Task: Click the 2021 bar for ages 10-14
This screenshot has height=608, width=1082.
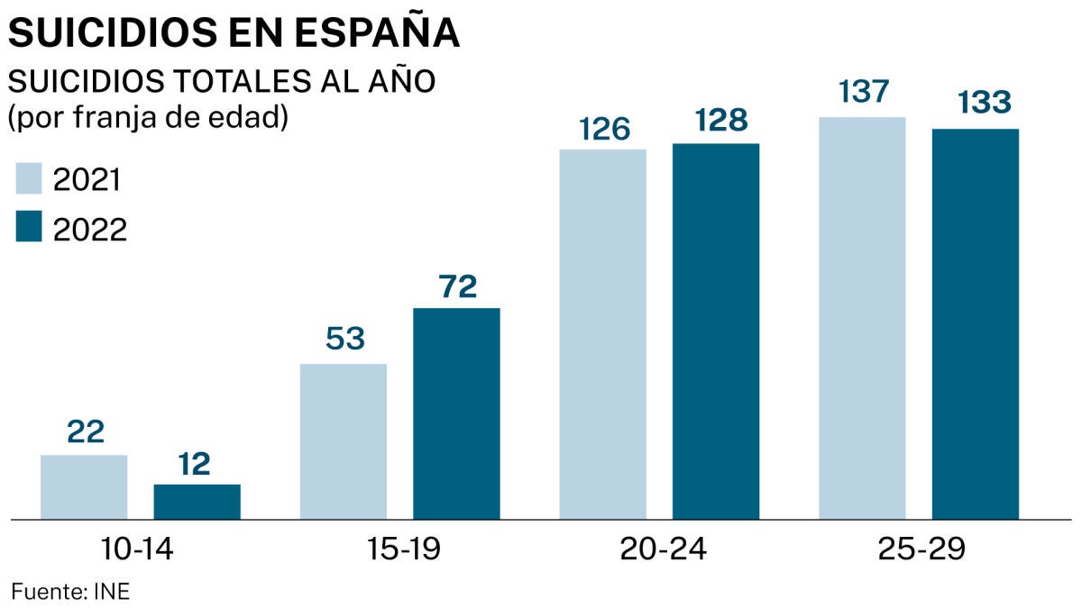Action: [84, 486]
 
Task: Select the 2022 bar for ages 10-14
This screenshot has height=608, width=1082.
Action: [197, 502]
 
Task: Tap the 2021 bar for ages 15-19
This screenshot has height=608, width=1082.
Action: [343, 441]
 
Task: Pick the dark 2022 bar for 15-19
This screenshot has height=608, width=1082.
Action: [456, 413]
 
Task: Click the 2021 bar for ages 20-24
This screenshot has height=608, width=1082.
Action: [602, 334]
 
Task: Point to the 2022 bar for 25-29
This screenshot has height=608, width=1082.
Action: [975, 324]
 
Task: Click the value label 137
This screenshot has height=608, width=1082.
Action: [862, 93]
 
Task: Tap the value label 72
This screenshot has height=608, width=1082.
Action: [456, 286]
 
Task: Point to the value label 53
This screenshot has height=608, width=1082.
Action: [344, 340]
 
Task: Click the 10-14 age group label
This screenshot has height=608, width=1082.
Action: [139, 549]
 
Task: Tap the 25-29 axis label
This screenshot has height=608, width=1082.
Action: [919, 549]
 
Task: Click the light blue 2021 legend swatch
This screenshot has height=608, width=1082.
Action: [30, 178]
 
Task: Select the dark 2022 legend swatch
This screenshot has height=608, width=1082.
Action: [30, 228]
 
